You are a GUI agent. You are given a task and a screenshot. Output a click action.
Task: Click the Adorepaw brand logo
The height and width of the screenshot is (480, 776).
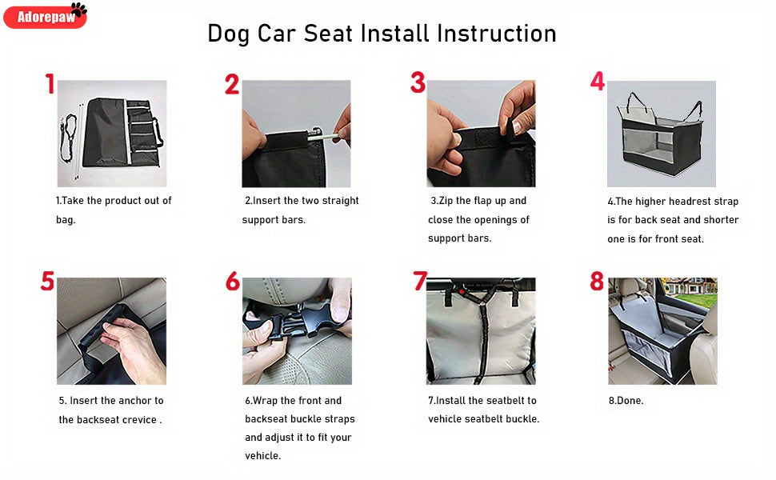(x=44, y=16)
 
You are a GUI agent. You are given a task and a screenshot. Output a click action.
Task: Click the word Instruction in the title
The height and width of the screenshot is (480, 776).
(x=496, y=34)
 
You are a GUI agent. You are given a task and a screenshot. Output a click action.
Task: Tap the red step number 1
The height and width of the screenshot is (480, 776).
(x=50, y=84)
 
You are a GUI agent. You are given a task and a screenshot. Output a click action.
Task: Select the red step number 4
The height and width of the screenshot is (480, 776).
(x=598, y=82)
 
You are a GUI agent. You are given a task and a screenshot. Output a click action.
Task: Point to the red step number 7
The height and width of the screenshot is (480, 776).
(x=420, y=282)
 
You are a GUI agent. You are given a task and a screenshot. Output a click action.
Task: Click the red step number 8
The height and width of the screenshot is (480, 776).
(x=597, y=282)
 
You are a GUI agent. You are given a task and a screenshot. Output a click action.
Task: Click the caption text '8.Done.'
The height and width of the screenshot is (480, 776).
(x=626, y=401)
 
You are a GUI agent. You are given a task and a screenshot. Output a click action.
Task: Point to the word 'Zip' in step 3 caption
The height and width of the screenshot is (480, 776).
(x=451, y=201)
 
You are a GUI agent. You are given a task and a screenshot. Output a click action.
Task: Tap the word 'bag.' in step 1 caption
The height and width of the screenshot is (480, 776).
(x=66, y=220)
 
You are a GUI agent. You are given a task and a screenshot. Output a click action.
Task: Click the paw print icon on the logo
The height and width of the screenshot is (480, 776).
(x=78, y=10)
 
